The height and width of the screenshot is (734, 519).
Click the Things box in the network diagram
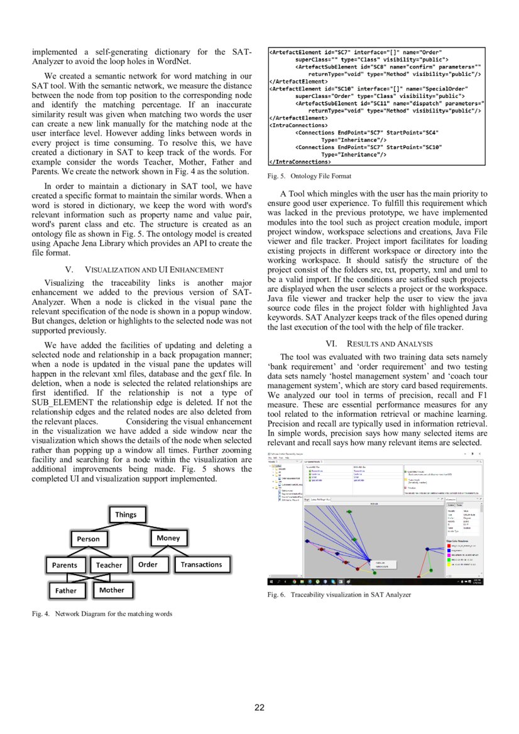[x=126, y=515]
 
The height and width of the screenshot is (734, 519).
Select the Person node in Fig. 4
[x=89, y=539]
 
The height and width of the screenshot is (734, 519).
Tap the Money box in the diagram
[x=168, y=538]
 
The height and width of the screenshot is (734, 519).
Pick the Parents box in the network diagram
[x=65, y=565]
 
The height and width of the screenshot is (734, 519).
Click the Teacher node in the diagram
[x=109, y=565]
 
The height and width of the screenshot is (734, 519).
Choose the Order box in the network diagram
[x=148, y=564]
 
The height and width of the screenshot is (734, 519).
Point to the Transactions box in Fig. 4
[x=201, y=564]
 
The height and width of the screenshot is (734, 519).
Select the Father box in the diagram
[x=66, y=591]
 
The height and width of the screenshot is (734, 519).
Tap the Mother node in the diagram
[x=112, y=590]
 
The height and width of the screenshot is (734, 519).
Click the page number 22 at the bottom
[x=259, y=708]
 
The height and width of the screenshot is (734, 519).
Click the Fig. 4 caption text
[x=102, y=613]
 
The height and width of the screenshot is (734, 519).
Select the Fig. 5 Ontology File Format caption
[x=309, y=176]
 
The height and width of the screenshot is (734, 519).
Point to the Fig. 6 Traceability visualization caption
[x=339, y=594]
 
